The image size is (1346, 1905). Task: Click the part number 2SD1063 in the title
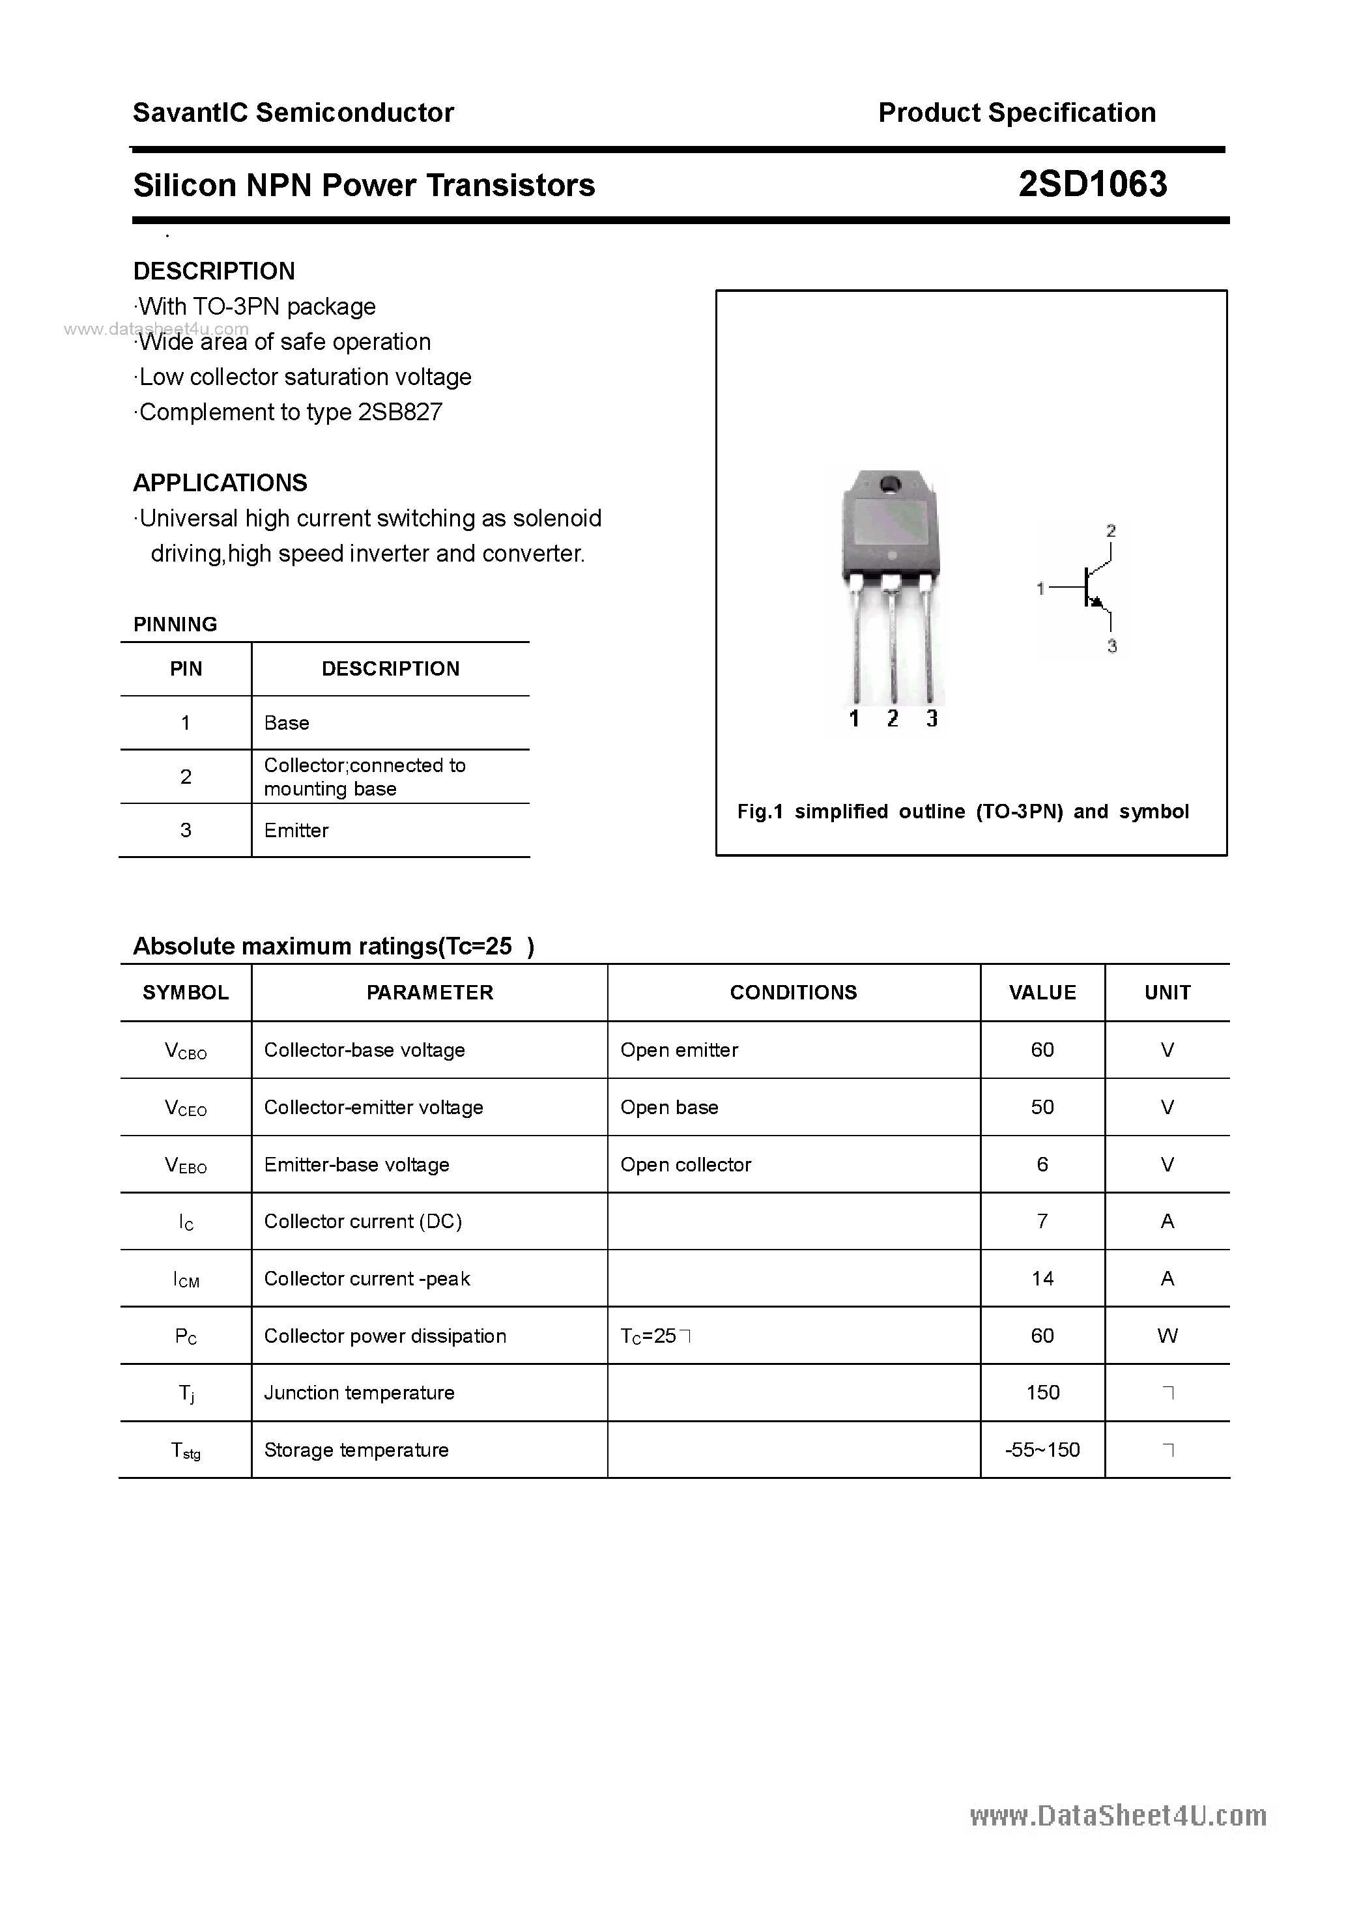coord(1092,184)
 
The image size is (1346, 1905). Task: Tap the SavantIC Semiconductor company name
coord(293,112)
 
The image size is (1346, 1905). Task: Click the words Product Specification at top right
coord(1016,112)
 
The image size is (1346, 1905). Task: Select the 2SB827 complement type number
coord(400,412)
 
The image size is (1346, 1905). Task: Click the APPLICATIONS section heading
coord(220,482)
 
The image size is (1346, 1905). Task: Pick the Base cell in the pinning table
coord(286,723)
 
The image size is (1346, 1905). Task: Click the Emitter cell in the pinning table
coord(296,830)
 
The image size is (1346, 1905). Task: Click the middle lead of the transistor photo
coord(892,639)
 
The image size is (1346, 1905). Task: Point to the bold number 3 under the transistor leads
coord(932,719)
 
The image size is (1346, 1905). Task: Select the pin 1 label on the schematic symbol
coord(1040,588)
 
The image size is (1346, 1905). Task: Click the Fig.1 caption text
coord(963,812)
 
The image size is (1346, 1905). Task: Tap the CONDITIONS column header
coord(794,992)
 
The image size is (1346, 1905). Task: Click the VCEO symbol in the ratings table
coord(186,1108)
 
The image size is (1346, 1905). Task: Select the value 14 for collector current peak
coord(1042,1278)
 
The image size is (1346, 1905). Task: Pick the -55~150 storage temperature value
coord(1042,1450)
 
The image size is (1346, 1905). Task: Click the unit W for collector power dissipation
coord(1167,1336)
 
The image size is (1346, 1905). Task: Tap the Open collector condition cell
coord(685,1164)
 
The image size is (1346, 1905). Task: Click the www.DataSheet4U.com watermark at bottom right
coord(1118,1816)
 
